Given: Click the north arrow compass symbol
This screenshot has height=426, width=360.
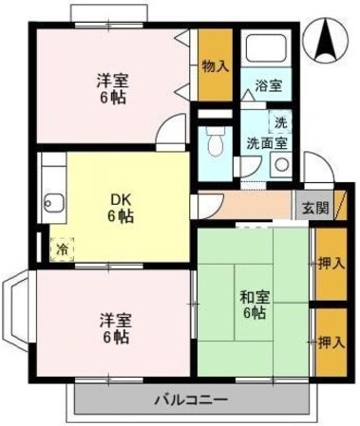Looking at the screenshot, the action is (326, 41).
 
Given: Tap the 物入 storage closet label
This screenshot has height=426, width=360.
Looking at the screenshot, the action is (216, 66).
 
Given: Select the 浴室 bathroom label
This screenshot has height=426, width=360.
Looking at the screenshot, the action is (269, 85).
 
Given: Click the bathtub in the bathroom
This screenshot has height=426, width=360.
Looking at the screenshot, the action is (266, 48).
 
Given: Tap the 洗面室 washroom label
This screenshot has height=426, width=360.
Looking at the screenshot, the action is (267, 143).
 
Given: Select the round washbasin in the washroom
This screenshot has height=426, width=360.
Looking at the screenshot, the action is (281, 165).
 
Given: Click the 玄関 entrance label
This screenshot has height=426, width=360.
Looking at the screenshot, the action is (315, 208).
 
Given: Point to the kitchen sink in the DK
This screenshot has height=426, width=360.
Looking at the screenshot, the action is (54, 203).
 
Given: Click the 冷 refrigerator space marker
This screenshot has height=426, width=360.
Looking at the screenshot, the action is (62, 250).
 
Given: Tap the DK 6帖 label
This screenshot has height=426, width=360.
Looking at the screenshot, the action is (121, 208).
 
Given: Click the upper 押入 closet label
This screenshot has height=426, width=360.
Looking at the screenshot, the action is (332, 264).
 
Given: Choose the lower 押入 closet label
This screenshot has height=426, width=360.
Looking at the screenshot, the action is (332, 343).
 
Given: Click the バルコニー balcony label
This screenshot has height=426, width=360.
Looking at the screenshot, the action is (191, 399).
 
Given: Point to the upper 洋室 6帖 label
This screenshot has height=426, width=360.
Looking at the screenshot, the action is (113, 89).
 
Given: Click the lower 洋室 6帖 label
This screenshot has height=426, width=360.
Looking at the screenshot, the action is (116, 329).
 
